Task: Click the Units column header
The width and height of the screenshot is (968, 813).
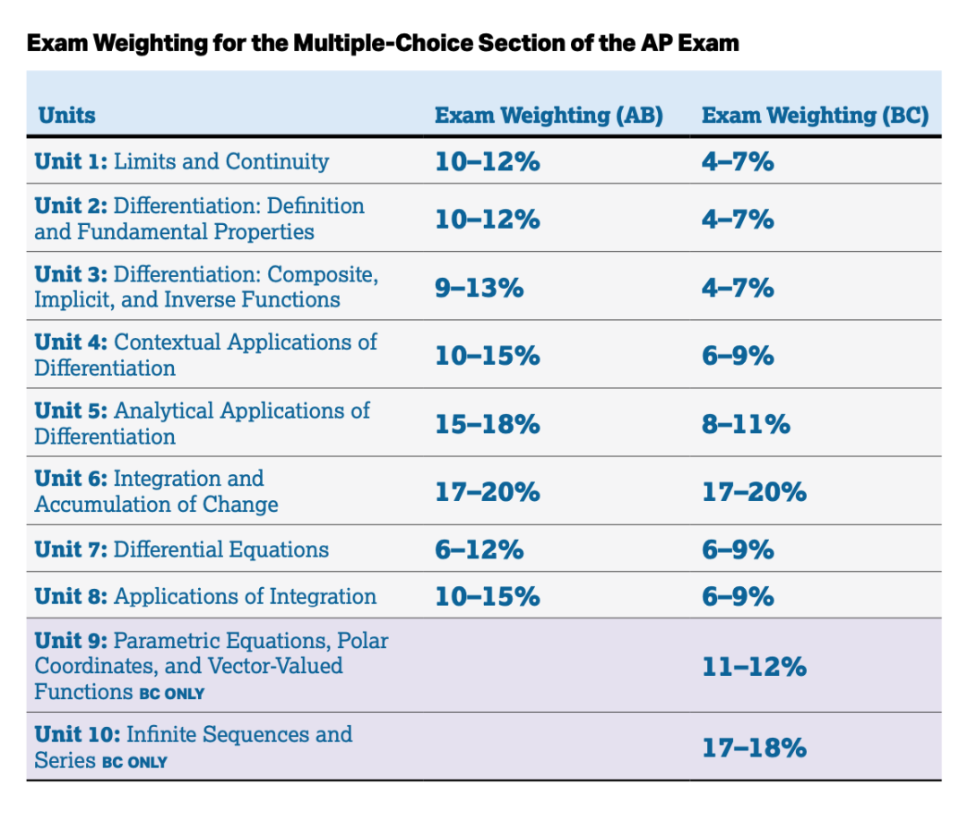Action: click(66, 116)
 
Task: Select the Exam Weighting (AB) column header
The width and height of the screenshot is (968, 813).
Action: click(549, 116)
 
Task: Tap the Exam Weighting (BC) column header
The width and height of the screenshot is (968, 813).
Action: click(815, 116)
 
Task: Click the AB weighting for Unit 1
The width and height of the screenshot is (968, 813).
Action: click(488, 161)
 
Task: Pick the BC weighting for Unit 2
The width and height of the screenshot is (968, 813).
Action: click(738, 219)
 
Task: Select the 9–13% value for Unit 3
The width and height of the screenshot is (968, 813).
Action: click(480, 287)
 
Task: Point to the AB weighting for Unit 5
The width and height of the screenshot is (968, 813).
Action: click(488, 423)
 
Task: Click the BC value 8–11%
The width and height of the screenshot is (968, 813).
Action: click(746, 423)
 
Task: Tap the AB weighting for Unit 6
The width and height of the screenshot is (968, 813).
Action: click(488, 491)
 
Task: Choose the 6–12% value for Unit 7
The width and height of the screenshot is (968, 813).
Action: click(480, 549)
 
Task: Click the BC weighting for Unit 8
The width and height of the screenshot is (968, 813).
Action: click(738, 596)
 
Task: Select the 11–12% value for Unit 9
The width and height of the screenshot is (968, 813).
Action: click(754, 666)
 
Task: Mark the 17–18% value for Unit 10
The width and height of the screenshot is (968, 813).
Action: click(754, 747)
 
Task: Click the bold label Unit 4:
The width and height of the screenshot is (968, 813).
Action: click(71, 342)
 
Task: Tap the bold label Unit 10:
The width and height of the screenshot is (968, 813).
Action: click(76, 735)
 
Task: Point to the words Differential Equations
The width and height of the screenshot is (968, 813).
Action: click(221, 549)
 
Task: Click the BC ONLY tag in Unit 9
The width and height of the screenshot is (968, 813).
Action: click(171, 694)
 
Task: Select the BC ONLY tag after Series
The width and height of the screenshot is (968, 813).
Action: click(134, 763)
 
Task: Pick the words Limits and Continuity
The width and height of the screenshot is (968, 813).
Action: click(221, 161)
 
